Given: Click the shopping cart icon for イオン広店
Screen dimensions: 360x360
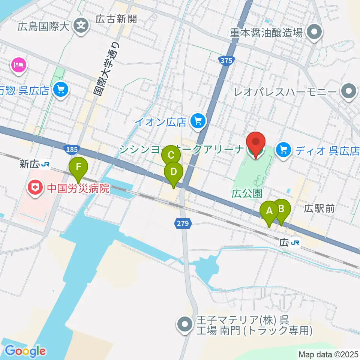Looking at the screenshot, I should [198, 121].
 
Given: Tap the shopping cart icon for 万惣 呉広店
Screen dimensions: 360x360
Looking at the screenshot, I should [61, 89].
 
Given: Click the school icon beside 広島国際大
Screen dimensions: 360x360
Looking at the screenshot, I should [81, 26].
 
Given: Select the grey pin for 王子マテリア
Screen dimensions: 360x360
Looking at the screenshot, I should [185, 325].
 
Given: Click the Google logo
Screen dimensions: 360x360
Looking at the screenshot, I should [25, 351].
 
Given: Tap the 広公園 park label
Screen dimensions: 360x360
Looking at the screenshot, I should [246, 193].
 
